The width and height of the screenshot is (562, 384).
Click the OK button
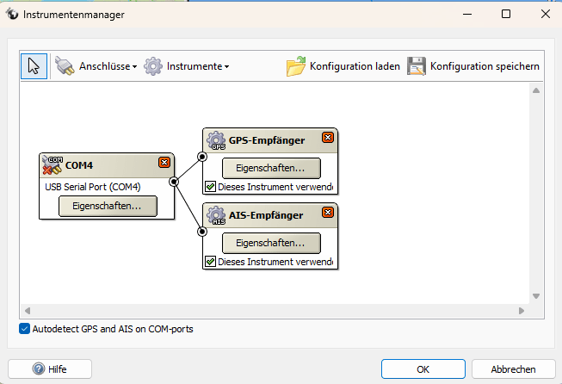[423, 369]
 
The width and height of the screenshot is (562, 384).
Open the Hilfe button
[50, 369]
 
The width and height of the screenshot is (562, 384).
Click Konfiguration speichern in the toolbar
[472, 66]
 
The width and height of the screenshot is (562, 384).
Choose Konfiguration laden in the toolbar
[343, 66]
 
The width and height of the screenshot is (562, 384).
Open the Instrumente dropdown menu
[187, 66]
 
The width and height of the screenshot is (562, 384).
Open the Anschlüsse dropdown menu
[96, 66]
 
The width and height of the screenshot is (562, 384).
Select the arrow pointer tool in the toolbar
[34, 66]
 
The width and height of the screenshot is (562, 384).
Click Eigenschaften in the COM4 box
[108, 206]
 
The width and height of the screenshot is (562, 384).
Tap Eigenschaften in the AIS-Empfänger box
[271, 243]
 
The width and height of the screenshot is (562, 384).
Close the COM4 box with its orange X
[164, 163]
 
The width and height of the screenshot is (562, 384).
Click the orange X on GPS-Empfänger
[327, 138]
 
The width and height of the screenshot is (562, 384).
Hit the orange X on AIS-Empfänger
[327, 213]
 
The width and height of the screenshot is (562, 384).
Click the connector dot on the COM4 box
[174, 182]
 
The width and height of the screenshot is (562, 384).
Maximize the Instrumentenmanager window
[505, 14]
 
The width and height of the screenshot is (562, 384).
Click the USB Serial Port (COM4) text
[92, 186]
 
